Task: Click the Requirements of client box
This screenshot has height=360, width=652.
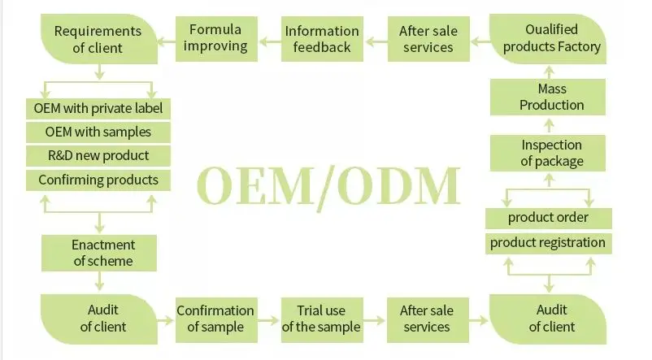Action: (98, 39)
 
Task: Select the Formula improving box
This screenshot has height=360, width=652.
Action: (215, 38)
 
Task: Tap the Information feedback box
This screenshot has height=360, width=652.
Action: (322, 39)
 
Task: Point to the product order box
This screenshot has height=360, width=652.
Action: (548, 218)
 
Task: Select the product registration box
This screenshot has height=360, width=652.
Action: (548, 242)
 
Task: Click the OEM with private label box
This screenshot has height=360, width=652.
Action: (98, 107)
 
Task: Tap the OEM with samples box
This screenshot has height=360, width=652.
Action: (98, 132)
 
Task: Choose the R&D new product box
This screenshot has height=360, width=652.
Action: (98, 155)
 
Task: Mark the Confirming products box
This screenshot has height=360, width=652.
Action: (98, 180)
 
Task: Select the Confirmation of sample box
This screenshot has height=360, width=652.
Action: (215, 319)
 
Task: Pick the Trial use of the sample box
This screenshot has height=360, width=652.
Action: (321, 319)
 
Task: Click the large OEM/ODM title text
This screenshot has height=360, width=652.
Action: (328, 186)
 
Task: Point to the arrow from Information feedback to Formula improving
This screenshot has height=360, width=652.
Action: (269, 39)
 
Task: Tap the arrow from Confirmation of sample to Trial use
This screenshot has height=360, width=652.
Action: (269, 319)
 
